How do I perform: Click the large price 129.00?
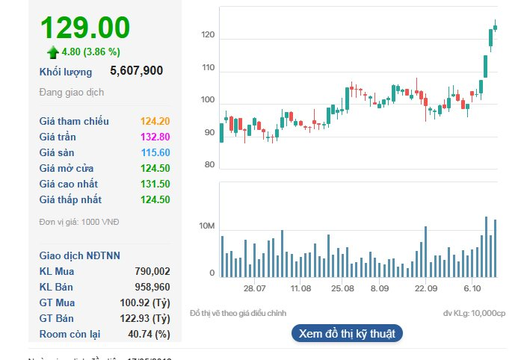84,28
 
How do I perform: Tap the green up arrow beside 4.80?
52,52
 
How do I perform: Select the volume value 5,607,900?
136,71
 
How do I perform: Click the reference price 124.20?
154,121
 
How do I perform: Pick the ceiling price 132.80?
154,137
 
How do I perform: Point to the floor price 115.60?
154,152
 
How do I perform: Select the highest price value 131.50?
154,184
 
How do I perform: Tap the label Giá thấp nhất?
70,199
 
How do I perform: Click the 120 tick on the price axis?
208,35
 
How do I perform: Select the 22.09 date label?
426,288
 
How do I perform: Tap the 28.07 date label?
254,288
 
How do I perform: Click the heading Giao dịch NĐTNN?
79,255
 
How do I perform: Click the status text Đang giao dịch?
72,92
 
